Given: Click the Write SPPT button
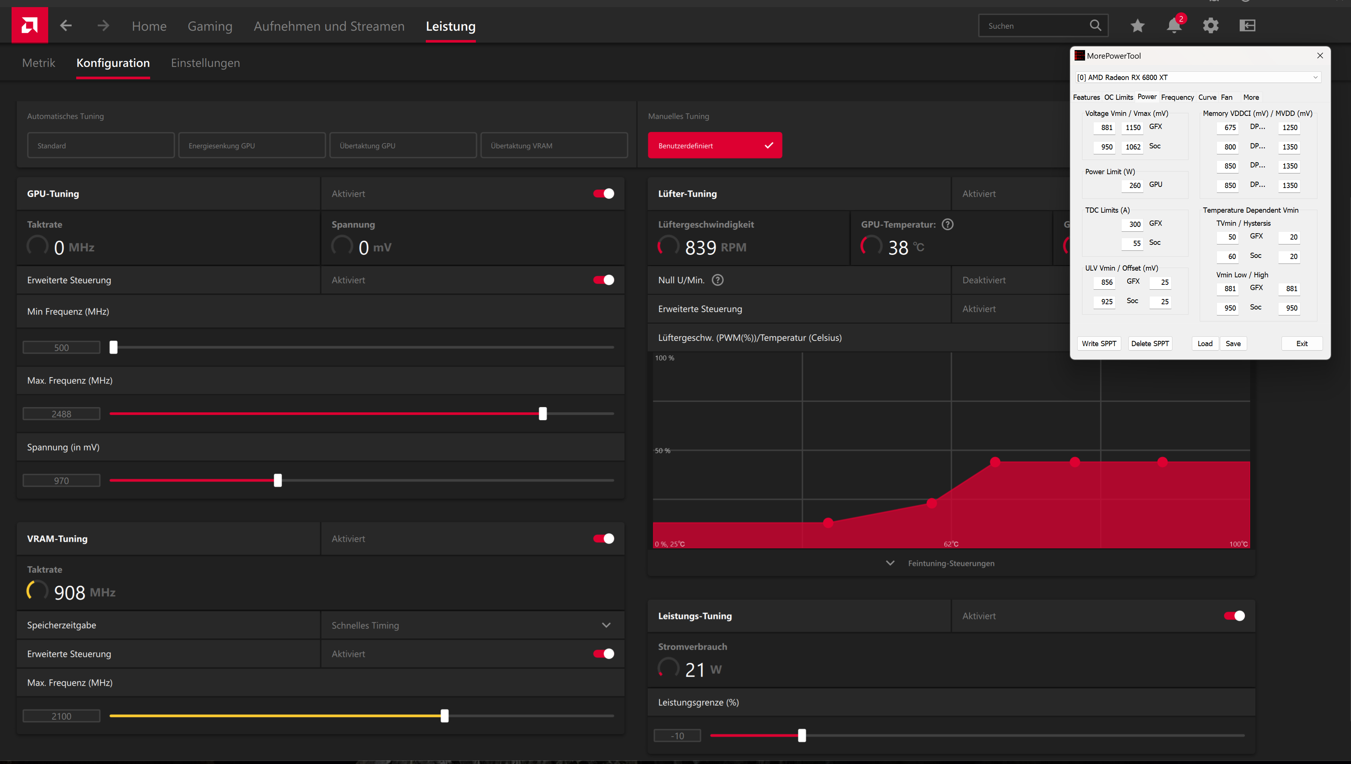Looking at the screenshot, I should [x=1099, y=344].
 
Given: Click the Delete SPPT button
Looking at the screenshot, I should [x=1150, y=344].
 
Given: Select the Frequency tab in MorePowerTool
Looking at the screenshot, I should [x=1177, y=98].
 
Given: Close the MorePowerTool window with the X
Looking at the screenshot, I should [x=1320, y=56].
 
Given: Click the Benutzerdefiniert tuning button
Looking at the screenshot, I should [x=714, y=145].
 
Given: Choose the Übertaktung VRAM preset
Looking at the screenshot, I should [x=554, y=145].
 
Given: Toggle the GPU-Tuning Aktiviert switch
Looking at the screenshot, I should [x=604, y=194].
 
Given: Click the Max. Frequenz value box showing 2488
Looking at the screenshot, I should [x=61, y=414].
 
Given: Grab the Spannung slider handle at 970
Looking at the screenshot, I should [x=278, y=480].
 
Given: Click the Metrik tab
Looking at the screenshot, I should [x=38, y=63].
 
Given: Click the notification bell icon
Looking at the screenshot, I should [x=1174, y=26].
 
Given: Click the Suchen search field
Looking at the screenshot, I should [x=1033, y=26].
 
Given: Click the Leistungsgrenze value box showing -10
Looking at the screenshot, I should [x=677, y=736].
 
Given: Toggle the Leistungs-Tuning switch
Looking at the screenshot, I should [x=1234, y=616].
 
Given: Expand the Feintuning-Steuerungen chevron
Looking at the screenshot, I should [x=890, y=563].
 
